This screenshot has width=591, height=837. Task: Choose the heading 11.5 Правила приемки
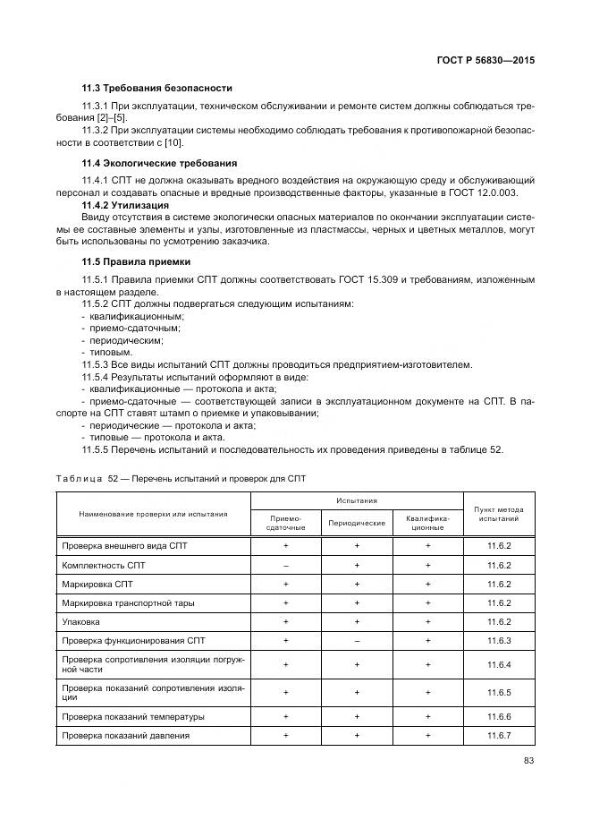[133, 261]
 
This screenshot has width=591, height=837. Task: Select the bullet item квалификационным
[136, 316]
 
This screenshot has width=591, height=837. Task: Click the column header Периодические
[357, 522]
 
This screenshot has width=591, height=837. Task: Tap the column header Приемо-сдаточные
[285, 522]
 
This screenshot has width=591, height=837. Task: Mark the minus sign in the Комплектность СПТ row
[285, 566]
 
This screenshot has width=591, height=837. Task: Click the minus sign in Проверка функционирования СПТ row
[357, 641]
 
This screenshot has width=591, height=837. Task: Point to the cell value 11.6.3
[499, 641]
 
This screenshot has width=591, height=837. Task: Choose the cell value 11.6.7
[499, 736]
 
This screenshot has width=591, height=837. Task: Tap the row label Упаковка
[81, 621]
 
